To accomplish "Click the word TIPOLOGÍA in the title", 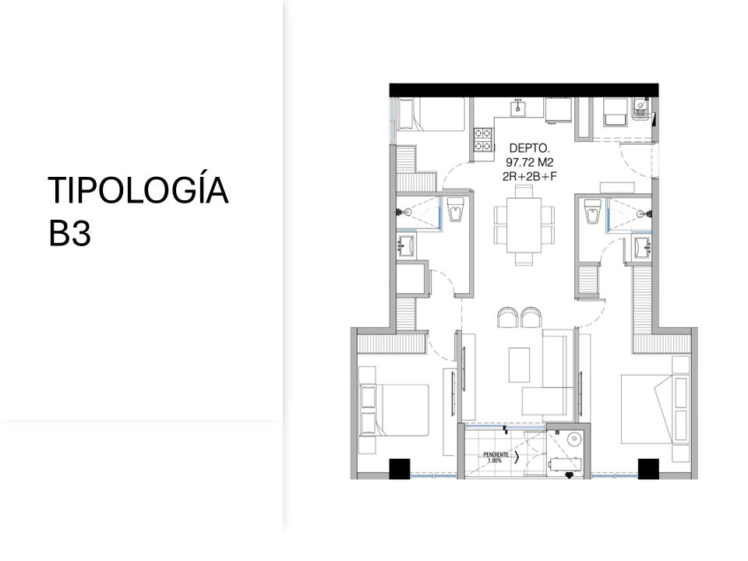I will [138, 191].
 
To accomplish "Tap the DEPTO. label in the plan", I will [530, 147].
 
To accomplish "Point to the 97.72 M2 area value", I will [529, 162].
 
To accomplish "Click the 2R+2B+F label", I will [529, 176].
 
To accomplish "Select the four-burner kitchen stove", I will [482, 139].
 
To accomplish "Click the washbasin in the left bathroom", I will [406, 247].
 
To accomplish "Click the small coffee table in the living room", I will [520, 365].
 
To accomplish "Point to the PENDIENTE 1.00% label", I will [496, 457].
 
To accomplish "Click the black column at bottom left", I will [399, 468].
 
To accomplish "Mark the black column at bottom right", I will [648, 468].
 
